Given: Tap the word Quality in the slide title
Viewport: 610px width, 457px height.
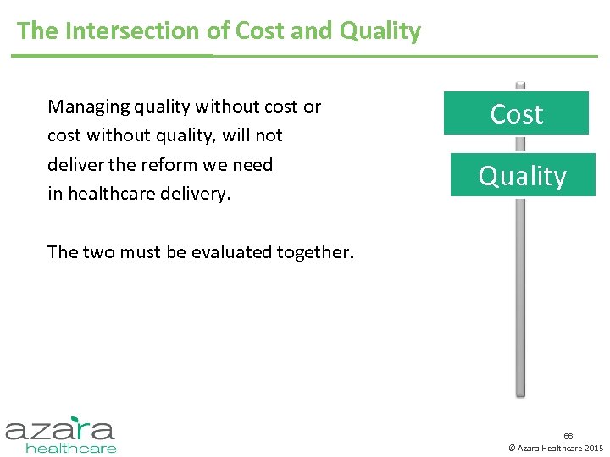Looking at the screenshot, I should [x=380, y=31].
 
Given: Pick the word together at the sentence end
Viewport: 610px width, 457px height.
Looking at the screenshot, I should [x=317, y=252].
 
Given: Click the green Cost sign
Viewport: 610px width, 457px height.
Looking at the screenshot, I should [x=516, y=114].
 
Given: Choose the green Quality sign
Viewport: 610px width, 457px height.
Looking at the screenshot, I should [x=522, y=176].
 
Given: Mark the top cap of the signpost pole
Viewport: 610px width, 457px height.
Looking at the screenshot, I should [x=520, y=85].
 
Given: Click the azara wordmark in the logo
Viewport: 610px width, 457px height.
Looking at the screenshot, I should [x=59, y=428].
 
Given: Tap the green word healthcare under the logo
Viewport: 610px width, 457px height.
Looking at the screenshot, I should [x=71, y=448].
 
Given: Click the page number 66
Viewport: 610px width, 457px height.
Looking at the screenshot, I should [x=568, y=436].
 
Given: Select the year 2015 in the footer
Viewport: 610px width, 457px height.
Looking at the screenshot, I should [x=593, y=448].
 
